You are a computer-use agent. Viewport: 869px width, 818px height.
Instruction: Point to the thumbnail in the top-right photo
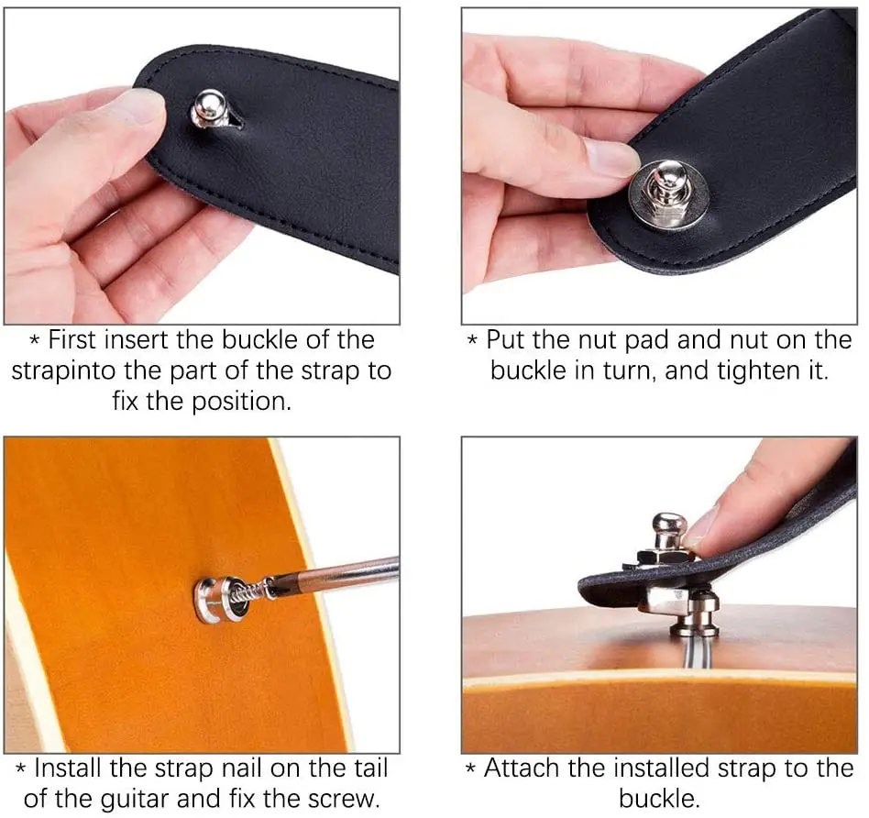[610, 157]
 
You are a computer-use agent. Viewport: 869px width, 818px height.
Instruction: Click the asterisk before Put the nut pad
[473, 341]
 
